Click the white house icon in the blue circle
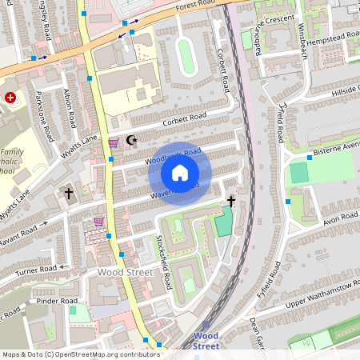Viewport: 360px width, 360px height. click(180, 172)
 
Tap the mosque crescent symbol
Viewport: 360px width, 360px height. click(132, 142)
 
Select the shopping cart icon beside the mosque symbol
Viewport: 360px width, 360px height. click(114, 142)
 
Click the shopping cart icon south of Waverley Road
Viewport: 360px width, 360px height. click(99, 222)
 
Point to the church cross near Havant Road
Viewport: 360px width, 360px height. click(68, 193)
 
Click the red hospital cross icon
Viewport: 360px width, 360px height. click(10, 97)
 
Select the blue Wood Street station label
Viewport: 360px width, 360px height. click(206, 341)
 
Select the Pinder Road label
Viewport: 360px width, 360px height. click(58, 301)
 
